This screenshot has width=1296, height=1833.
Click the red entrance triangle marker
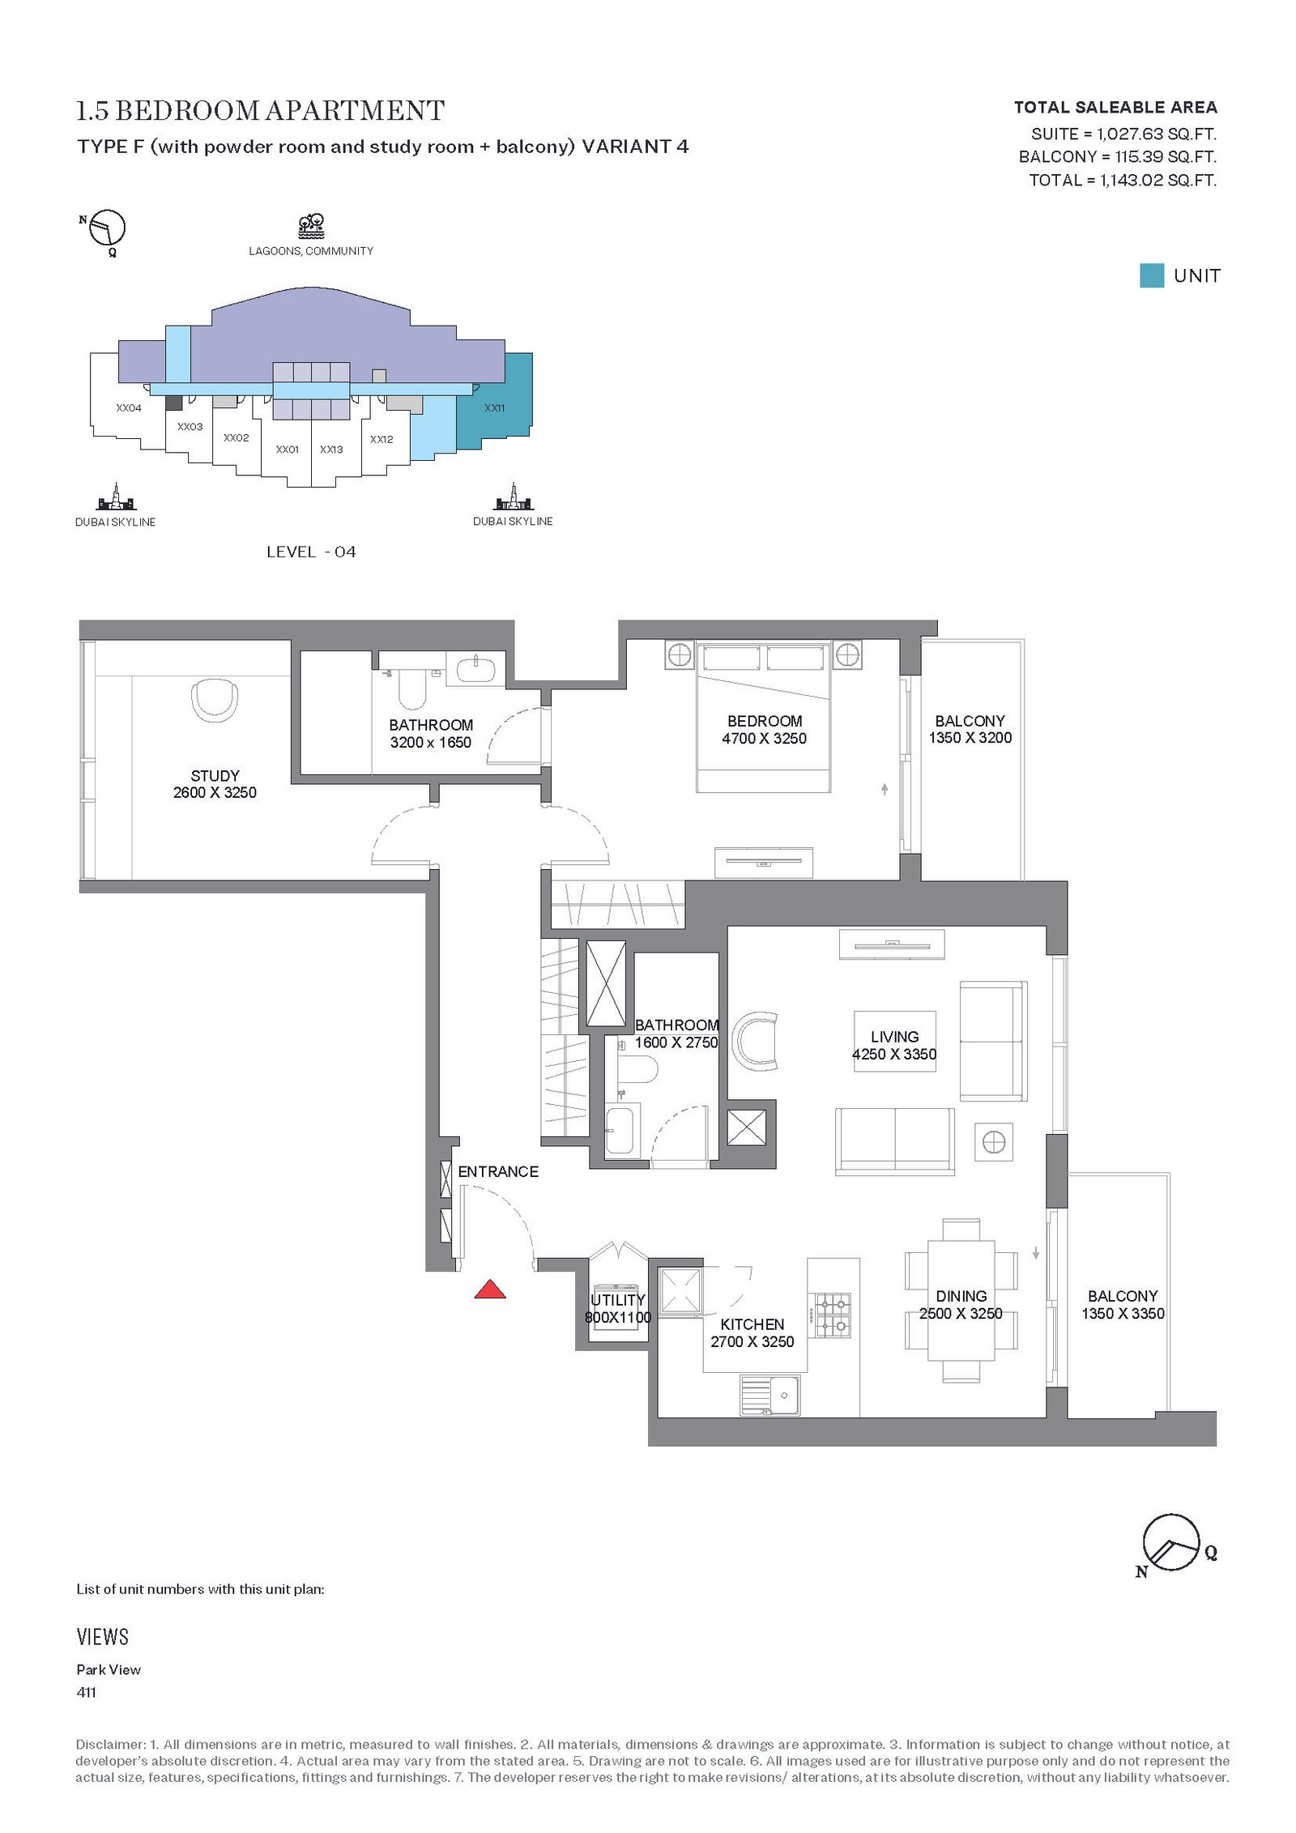(x=489, y=1289)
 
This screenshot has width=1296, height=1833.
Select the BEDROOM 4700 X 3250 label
(x=764, y=729)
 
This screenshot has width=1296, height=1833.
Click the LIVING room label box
(x=894, y=1041)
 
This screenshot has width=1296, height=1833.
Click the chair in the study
(x=215, y=700)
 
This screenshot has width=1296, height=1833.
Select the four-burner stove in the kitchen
(x=833, y=1315)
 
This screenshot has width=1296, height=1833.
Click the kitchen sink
(x=769, y=1395)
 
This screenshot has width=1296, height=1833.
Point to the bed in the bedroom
(x=763, y=717)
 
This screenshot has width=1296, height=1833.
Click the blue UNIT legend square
(x=1151, y=275)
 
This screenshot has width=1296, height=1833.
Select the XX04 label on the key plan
(x=129, y=407)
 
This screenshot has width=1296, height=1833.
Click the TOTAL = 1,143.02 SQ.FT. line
(x=1123, y=180)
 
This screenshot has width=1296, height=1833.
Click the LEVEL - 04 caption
(x=311, y=552)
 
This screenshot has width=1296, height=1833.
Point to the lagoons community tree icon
(x=311, y=226)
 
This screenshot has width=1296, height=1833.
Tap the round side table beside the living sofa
(x=994, y=1143)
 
